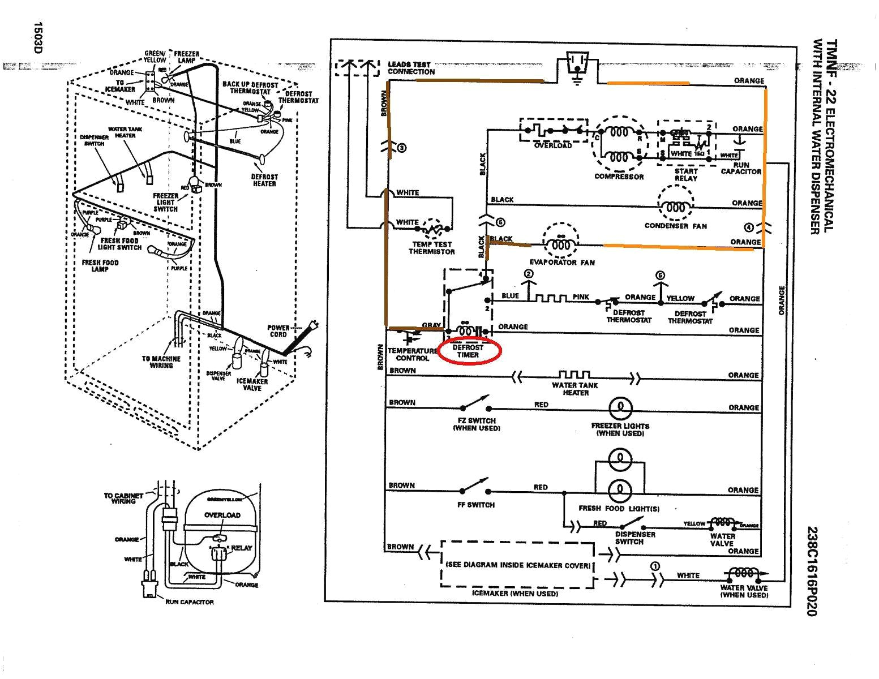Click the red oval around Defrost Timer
[468, 351]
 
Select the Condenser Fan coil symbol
[675, 207]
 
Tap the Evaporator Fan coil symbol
[560, 245]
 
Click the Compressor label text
[619, 177]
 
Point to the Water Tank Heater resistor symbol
[574, 375]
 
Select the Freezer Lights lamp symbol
[620, 407]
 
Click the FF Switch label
[475, 505]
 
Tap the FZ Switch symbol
[475, 404]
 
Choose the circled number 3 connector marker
[402, 148]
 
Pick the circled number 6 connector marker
[500, 222]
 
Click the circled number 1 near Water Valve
[655, 566]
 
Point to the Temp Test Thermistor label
[431, 248]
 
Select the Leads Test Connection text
[411, 68]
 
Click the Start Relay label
[686, 174]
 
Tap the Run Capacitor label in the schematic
[741, 168]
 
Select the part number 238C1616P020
[813, 571]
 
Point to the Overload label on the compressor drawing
[222, 515]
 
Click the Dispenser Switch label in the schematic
[635, 538]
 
